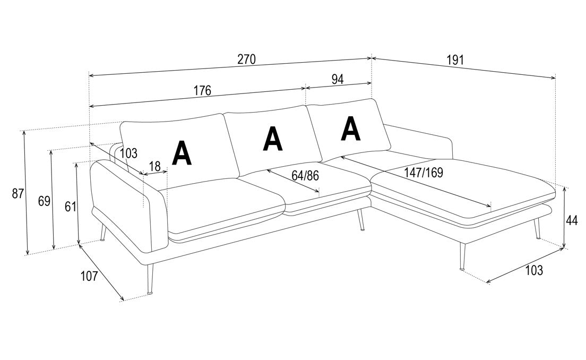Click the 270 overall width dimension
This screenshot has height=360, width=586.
pos(246,59)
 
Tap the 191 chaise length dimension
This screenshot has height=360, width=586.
pos(455,60)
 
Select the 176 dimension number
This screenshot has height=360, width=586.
pos(202,90)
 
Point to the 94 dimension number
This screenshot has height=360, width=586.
pos(338,79)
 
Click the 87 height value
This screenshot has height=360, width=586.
pos(18,194)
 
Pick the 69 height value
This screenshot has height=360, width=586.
pos(44,201)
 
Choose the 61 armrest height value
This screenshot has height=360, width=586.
pos(70,207)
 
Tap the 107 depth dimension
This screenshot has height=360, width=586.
pos(89,276)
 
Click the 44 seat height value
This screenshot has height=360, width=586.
pos(572,221)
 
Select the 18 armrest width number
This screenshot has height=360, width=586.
pos(154,166)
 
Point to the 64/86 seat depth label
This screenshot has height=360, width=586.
pos(305,175)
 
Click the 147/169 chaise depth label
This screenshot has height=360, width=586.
pos(424,173)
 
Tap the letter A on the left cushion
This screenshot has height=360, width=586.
pos(182,153)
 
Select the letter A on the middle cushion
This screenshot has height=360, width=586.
pos(273,139)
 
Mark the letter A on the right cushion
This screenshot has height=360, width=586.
pos(350,129)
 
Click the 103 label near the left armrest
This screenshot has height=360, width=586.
pos(129,153)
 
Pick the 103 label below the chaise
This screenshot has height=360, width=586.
pos(534,270)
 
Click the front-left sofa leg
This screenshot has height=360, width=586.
pos(150,279)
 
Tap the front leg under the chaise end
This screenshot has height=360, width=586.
pos(462,256)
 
